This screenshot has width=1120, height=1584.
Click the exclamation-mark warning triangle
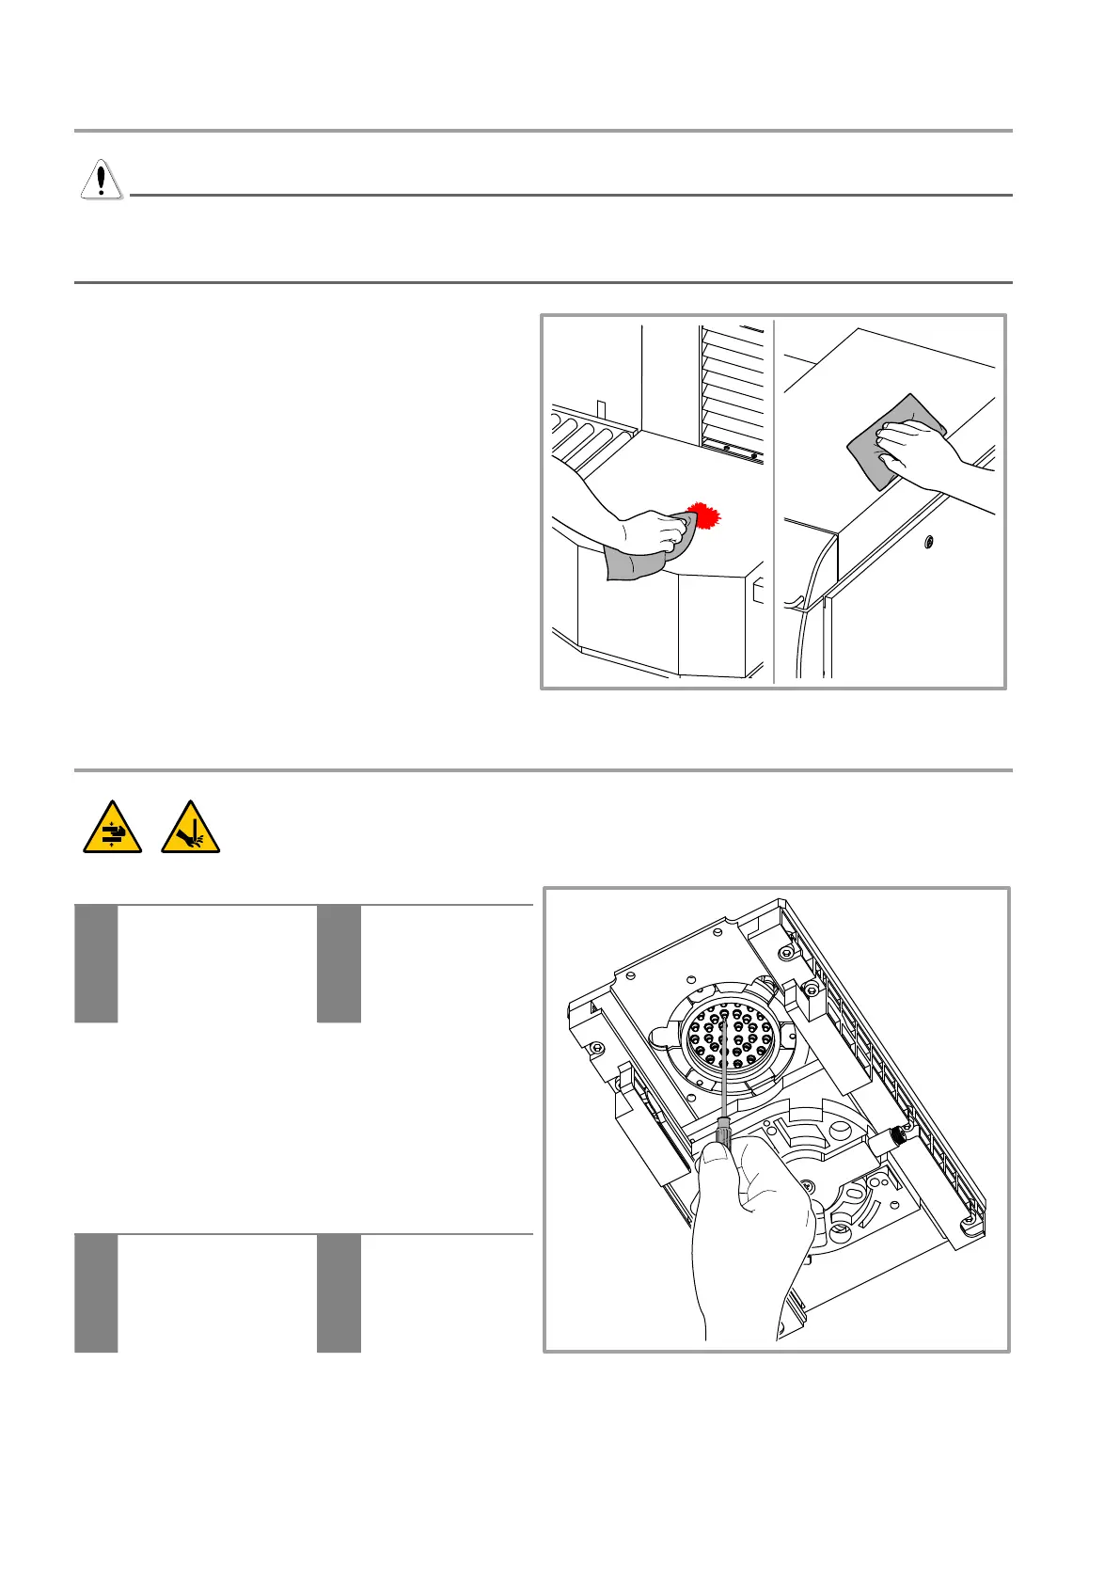tap(101, 179)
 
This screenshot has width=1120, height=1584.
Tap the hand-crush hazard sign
tap(112, 828)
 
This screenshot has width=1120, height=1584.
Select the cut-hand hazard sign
tap(190, 828)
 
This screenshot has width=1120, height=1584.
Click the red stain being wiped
tap(703, 517)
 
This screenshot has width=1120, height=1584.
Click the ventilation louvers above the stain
tap(732, 386)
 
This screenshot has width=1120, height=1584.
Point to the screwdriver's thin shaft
tap(725, 1063)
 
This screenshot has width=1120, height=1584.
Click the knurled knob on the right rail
tap(900, 1134)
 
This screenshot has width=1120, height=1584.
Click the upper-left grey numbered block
tap(96, 963)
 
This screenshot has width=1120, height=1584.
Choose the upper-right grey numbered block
tap(339, 963)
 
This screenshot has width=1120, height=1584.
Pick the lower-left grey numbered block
tap(96, 1292)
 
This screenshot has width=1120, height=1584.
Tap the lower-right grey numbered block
tap(339, 1292)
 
